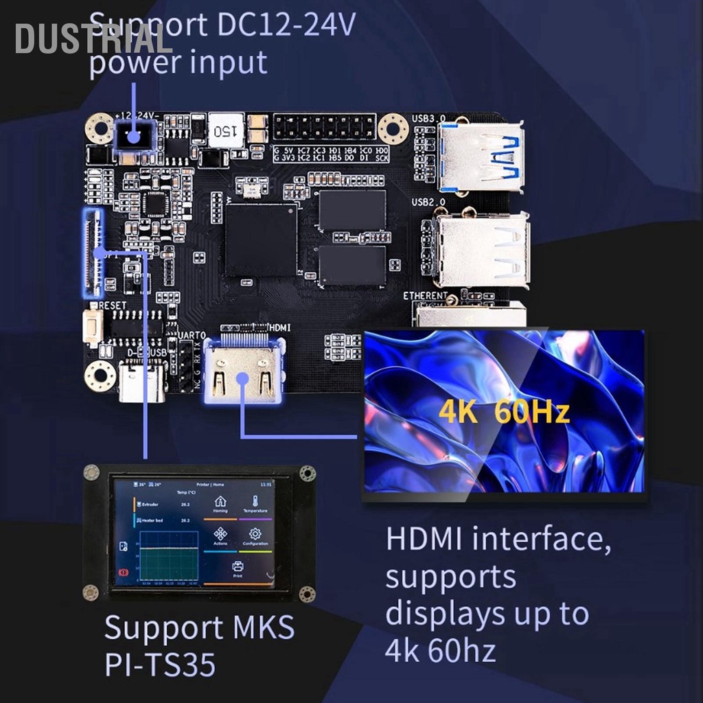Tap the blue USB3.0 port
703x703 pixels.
click(481, 157)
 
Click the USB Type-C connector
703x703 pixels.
click(142, 382)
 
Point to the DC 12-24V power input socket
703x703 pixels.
click(133, 135)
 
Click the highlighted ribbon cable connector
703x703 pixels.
click(92, 253)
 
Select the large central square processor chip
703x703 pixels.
click(260, 240)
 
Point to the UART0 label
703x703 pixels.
click(192, 335)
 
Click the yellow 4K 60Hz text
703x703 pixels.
click(504, 413)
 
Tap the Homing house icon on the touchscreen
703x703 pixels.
click(220, 502)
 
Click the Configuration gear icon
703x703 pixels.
click(255, 534)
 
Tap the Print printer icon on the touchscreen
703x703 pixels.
click(238, 567)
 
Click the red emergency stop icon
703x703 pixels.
click(124, 572)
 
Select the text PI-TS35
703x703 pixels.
click(160, 665)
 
